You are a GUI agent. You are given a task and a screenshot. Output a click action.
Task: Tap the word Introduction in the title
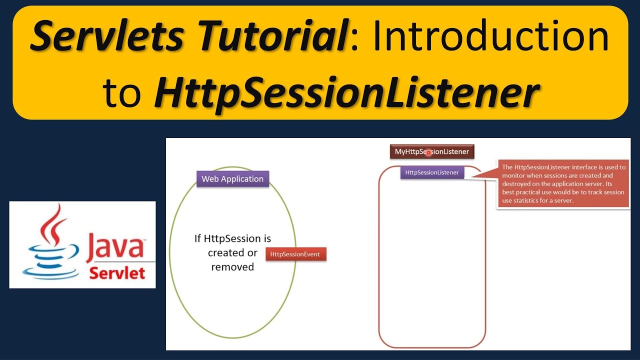[490, 37]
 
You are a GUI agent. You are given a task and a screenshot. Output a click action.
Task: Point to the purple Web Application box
[232, 178]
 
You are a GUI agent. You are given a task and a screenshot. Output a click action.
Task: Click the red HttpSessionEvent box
[295, 254]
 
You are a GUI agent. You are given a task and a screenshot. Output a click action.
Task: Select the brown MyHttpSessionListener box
[432, 151]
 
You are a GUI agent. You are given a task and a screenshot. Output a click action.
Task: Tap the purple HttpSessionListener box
[432, 172]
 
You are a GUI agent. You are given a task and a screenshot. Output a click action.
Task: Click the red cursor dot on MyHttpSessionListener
[428, 152]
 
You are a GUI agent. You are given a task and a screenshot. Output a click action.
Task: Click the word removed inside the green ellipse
[232, 267]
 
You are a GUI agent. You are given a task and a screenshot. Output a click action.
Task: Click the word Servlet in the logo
[117, 273]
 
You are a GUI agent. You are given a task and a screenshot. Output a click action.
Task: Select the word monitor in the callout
[515, 176]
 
